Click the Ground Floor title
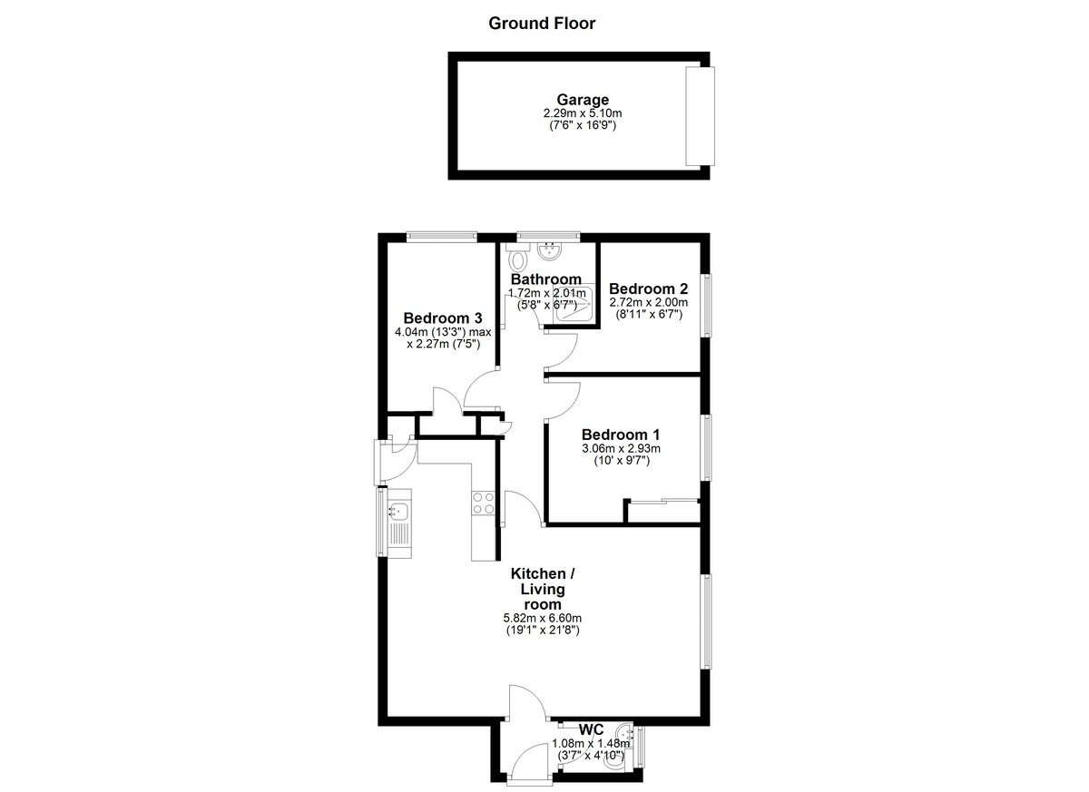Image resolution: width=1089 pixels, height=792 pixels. (542, 24)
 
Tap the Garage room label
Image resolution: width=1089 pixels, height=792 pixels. (583, 100)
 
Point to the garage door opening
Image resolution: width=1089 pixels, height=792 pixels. (700, 115)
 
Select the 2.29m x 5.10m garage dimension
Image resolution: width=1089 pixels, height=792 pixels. (583, 113)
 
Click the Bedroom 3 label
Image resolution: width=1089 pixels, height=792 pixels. (443, 318)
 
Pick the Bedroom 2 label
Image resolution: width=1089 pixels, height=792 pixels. (649, 288)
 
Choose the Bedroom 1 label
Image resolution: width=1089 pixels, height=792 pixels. (621, 435)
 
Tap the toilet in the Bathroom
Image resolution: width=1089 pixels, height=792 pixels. (518, 258)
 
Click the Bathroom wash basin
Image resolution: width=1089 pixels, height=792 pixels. (550, 251)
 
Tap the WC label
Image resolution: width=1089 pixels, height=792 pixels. (591, 729)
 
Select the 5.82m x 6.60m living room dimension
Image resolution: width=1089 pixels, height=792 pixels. (542, 619)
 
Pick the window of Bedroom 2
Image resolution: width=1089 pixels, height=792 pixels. (705, 305)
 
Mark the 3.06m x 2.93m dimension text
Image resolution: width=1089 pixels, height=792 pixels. (621, 448)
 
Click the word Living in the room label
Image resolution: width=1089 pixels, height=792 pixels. (543, 590)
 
